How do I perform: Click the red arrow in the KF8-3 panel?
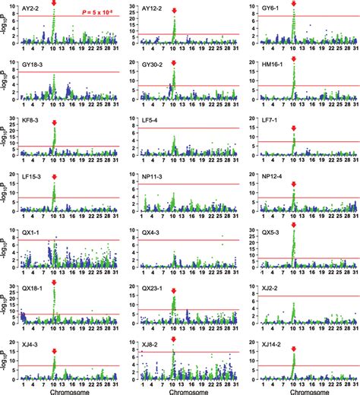[55, 123]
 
